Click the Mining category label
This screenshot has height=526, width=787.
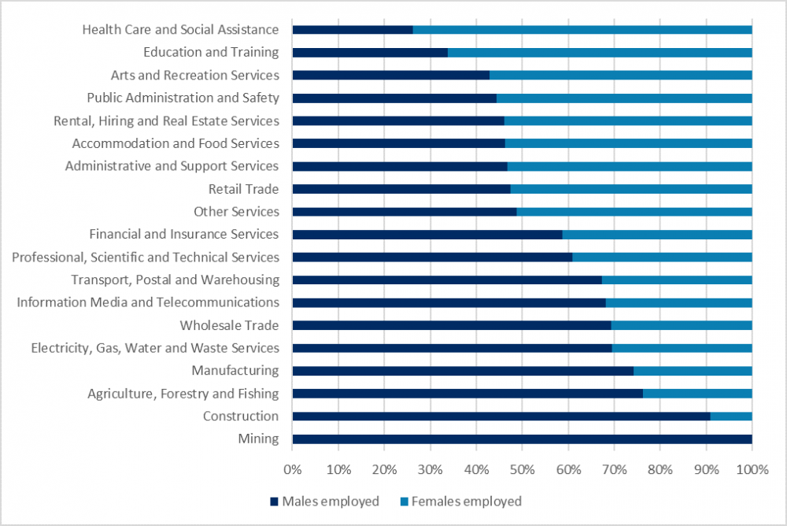[x=260, y=439]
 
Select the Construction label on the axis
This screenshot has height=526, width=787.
[x=240, y=416]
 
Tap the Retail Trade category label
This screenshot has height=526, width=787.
[x=243, y=189]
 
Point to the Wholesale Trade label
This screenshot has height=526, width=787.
[x=229, y=325]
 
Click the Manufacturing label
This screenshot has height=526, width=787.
[x=235, y=370]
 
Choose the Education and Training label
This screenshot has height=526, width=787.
[x=211, y=52]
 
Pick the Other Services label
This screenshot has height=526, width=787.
[x=236, y=212]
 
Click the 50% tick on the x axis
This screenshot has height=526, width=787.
[x=522, y=470]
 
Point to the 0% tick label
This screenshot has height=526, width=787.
[x=292, y=470]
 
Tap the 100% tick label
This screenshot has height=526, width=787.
[x=752, y=470]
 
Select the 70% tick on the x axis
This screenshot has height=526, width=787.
[x=614, y=470]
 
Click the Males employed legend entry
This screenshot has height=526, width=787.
[x=324, y=501]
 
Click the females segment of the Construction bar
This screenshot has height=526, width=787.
[x=731, y=416]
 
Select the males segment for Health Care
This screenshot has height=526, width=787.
[x=353, y=30]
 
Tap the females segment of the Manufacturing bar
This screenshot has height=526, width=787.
[x=693, y=371]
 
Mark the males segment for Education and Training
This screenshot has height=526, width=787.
[x=370, y=53]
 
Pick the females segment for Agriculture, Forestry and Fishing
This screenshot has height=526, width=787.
[x=697, y=394]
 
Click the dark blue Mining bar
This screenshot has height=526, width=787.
[x=522, y=439]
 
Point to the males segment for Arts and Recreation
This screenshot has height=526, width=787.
[x=391, y=76]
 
